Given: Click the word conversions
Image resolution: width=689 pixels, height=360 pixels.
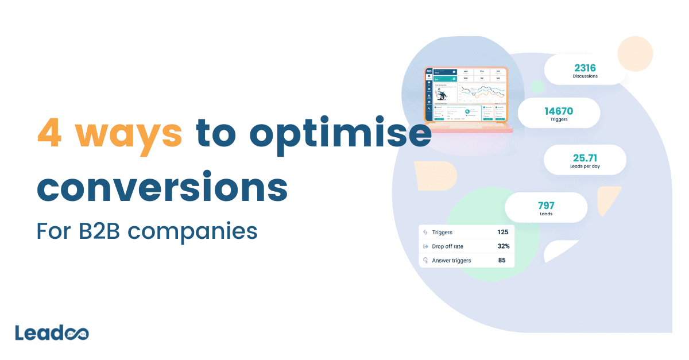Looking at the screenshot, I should point(162,187).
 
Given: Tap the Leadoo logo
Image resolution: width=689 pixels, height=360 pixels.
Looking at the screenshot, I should point(52,334).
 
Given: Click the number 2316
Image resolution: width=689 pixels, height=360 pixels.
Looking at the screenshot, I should point(585,68).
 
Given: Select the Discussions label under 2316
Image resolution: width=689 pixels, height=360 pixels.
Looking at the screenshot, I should point(585,76).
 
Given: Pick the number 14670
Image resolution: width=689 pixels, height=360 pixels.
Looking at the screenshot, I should point(559,111).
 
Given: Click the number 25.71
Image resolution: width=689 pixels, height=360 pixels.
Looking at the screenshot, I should point(585,157).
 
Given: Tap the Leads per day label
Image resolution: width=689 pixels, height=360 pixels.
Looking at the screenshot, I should point(585,167).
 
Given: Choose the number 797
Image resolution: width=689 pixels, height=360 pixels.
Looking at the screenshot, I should point(545,205).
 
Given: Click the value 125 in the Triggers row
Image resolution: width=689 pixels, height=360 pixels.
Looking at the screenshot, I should point(503,233).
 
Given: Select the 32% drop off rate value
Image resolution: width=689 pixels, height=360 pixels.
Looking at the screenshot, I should point(503,246).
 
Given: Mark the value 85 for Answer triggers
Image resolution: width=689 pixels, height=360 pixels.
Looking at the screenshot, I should point(501,260).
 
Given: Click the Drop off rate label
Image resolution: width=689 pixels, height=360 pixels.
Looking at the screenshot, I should point(447,246).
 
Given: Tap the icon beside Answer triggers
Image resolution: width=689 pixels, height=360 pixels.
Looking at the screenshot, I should point(425,260).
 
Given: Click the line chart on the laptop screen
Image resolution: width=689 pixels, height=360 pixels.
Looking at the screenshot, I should point(482,92).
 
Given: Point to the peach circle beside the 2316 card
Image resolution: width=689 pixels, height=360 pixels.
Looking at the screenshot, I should point(635,53).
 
